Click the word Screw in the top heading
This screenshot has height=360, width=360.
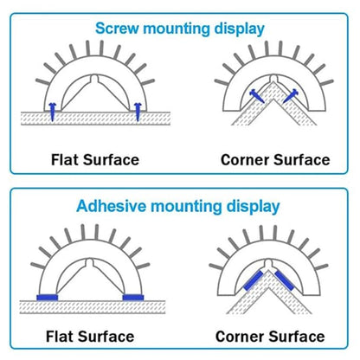(117, 29)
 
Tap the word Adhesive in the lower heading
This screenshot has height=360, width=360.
(112, 207)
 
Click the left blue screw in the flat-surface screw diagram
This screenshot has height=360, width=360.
(52, 112)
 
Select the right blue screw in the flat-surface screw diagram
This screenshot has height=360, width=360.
(138, 112)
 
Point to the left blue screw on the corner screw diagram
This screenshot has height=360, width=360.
(257, 95)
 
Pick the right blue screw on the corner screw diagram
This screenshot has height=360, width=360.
(291, 95)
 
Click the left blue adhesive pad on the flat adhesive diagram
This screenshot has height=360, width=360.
(48, 298)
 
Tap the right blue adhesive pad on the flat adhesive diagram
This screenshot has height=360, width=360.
(133, 298)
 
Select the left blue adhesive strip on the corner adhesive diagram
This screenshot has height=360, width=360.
(254, 280)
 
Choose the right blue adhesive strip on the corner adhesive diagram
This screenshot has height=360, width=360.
(285, 280)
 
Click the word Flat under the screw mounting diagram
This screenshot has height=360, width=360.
(65, 160)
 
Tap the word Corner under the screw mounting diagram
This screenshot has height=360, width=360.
(245, 160)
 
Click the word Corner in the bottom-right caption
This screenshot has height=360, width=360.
(240, 337)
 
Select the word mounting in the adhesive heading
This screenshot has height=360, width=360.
(186, 207)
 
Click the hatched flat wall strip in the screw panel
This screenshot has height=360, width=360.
(95, 119)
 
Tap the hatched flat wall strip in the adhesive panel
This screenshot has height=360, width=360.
(93, 307)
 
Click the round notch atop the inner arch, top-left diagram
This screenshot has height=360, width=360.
(94, 79)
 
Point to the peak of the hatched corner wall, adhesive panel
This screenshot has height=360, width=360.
(269, 271)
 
